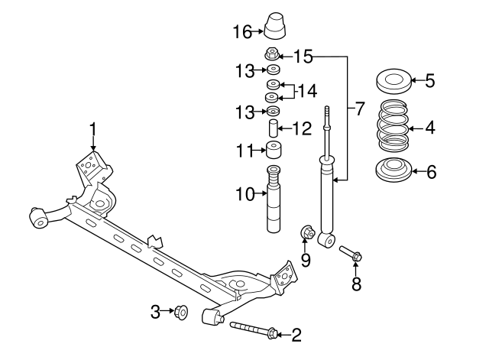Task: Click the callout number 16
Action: (241, 31)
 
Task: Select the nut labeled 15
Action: (271, 54)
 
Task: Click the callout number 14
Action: (306, 91)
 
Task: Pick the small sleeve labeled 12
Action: (273, 128)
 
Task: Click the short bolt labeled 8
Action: (350, 253)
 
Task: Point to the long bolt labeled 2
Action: (252, 330)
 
